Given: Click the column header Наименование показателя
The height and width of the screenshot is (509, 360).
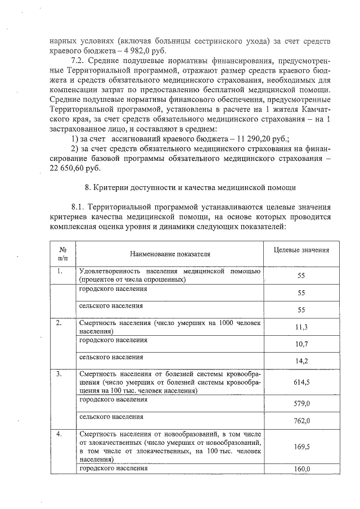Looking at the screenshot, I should pos(169,254).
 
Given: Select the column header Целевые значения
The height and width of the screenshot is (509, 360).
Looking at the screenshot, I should pos(301,250).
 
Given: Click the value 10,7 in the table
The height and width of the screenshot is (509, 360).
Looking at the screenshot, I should pos(301,344).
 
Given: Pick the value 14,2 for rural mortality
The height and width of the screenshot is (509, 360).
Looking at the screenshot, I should pos(301,361).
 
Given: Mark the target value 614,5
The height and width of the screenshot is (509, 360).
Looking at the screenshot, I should pos(301,382).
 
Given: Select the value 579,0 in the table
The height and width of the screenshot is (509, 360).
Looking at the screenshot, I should pos(301,403).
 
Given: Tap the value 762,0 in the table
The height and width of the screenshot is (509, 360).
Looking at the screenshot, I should pos(301,420).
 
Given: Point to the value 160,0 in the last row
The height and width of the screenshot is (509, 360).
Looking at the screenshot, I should pos(301,470).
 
